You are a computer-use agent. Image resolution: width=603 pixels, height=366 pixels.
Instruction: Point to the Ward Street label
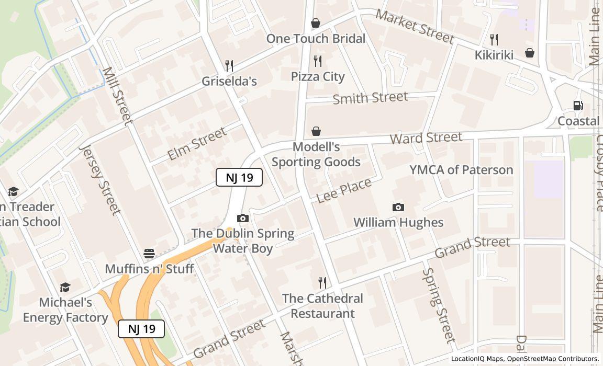point(426,138)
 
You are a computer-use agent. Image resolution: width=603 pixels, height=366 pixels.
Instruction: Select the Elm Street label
point(196,143)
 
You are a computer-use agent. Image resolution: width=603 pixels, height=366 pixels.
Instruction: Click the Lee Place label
point(344,190)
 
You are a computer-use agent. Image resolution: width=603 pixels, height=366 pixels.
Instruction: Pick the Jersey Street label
point(99,179)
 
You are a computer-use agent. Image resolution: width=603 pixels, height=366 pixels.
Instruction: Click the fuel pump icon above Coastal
point(578,106)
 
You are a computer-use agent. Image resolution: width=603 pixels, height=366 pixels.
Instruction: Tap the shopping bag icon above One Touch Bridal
point(316,23)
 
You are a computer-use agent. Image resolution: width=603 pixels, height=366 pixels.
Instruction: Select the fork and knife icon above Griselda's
point(229,65)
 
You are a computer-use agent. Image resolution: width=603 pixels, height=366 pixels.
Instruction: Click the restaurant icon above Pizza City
point(318,61)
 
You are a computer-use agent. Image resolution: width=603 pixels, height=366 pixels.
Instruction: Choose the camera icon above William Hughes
point(398,208)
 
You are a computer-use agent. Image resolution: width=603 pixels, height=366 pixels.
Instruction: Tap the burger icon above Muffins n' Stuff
point(149,254)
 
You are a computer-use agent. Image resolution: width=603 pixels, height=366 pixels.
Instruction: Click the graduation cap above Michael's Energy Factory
point(65,288)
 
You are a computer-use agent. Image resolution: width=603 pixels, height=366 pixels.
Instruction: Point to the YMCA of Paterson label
point(461,170)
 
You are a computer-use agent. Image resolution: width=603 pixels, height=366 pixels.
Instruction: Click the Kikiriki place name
point(494,55)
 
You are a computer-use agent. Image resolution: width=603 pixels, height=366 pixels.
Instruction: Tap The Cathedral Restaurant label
point(322,306)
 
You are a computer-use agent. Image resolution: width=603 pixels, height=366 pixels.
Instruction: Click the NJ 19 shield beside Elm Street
point(239,177)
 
